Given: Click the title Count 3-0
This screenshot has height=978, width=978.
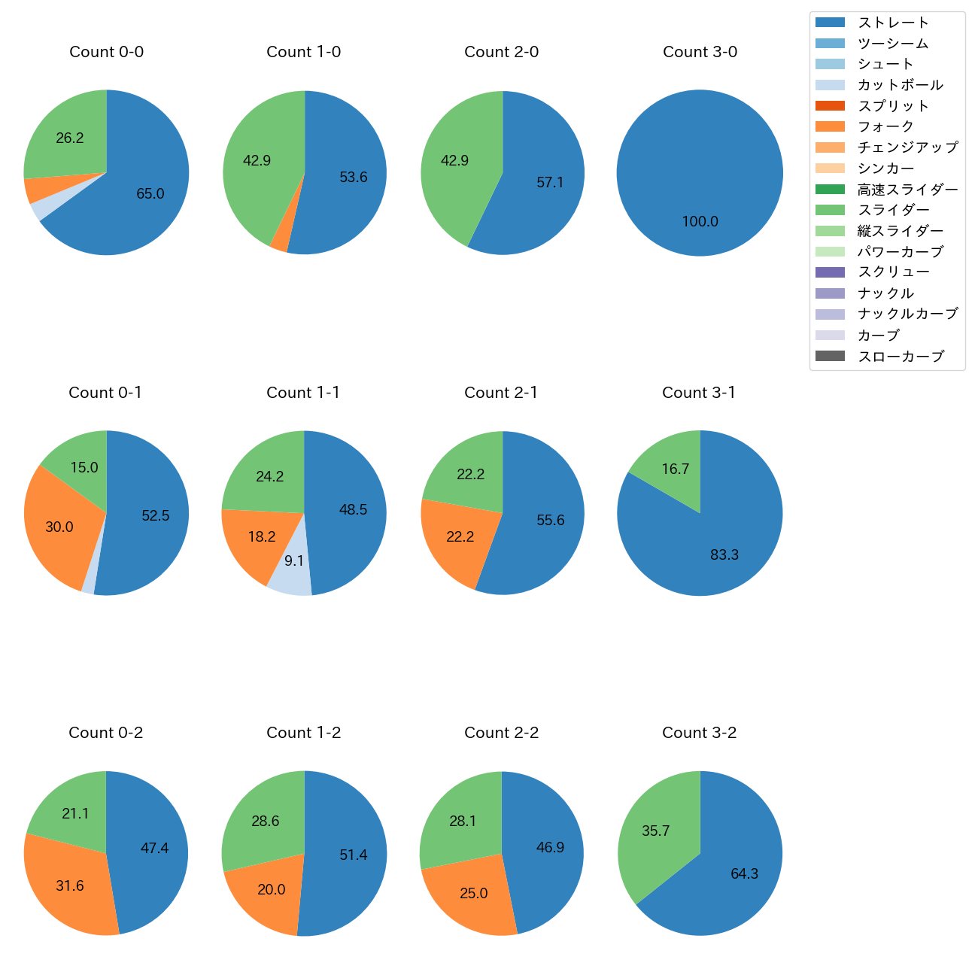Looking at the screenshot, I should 700,52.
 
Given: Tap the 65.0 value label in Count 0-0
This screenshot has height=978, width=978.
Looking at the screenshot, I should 150,194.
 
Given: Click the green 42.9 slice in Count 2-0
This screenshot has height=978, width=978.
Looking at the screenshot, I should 454,160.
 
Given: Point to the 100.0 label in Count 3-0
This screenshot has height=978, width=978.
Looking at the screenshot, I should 700,222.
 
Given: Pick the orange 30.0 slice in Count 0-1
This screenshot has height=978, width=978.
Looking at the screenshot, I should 59,527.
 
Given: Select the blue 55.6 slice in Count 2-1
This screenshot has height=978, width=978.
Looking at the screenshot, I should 550,520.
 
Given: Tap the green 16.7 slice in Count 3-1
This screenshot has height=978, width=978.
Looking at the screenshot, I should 675,469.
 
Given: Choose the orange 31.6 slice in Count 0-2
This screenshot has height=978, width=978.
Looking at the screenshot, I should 69,885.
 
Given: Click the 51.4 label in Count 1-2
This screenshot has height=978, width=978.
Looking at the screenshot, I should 353,855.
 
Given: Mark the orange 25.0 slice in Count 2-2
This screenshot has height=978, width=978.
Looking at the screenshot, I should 473,893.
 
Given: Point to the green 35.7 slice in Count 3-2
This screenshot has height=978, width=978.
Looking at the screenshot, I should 655,831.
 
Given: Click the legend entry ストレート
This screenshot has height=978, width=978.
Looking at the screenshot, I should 893,23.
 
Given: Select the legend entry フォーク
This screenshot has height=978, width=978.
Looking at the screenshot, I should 885,126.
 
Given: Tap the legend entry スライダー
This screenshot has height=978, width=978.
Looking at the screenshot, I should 893,210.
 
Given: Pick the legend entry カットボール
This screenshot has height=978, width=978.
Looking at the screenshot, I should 900,85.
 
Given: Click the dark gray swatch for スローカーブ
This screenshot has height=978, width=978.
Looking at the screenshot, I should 830,356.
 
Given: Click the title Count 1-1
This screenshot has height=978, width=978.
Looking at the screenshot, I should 303,393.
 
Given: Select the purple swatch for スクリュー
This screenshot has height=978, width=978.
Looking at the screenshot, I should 830,272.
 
